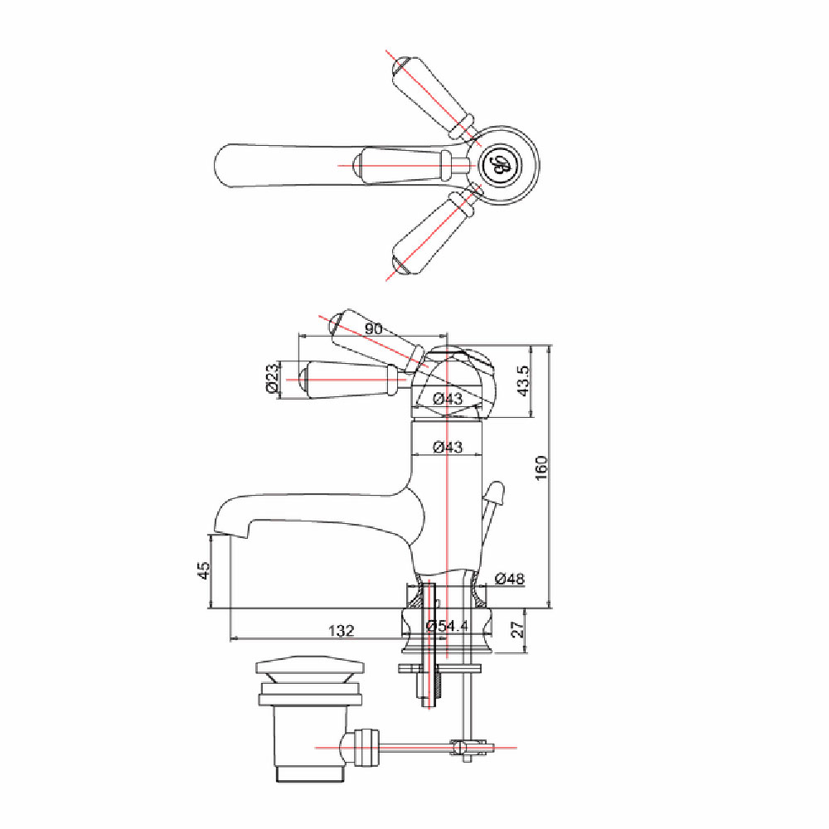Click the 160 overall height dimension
pyautogui.click(x=542, y=468)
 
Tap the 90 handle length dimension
pyautogui.click(x=373, y=328)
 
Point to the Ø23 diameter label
pyautogui.click(x=272, y=377)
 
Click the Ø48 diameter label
pyautogui.click(x=510, y=579)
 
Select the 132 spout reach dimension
pyautogui.click(x=342, y=631)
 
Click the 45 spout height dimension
pyautogui.click(x=204, y=570)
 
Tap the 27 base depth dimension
pyautogui.click(x=519, y=628)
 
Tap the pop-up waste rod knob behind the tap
pyautogui.click(x=496, y=492)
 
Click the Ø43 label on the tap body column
pyautogui.click(x=448, y=448)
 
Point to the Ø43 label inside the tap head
pyautogui.click(x=448, y=399)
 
